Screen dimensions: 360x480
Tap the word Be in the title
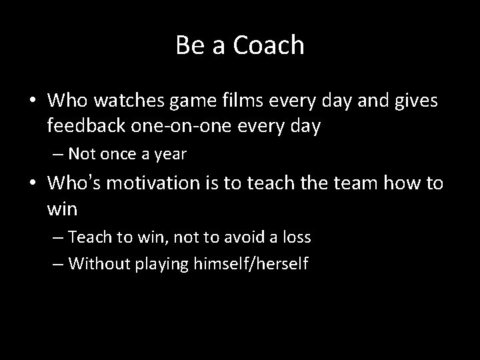(187, 45)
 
